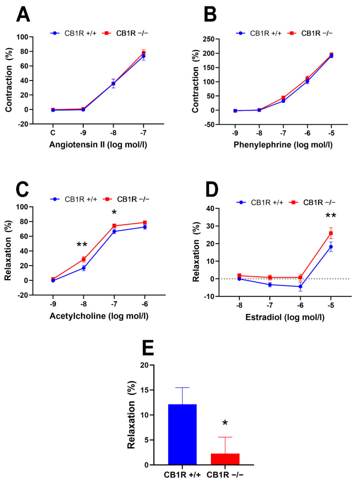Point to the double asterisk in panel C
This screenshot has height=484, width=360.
[x=82, y=245]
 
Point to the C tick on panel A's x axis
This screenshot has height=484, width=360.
[x=53, y=130]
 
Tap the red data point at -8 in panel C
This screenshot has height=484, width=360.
[x=84, y=259]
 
